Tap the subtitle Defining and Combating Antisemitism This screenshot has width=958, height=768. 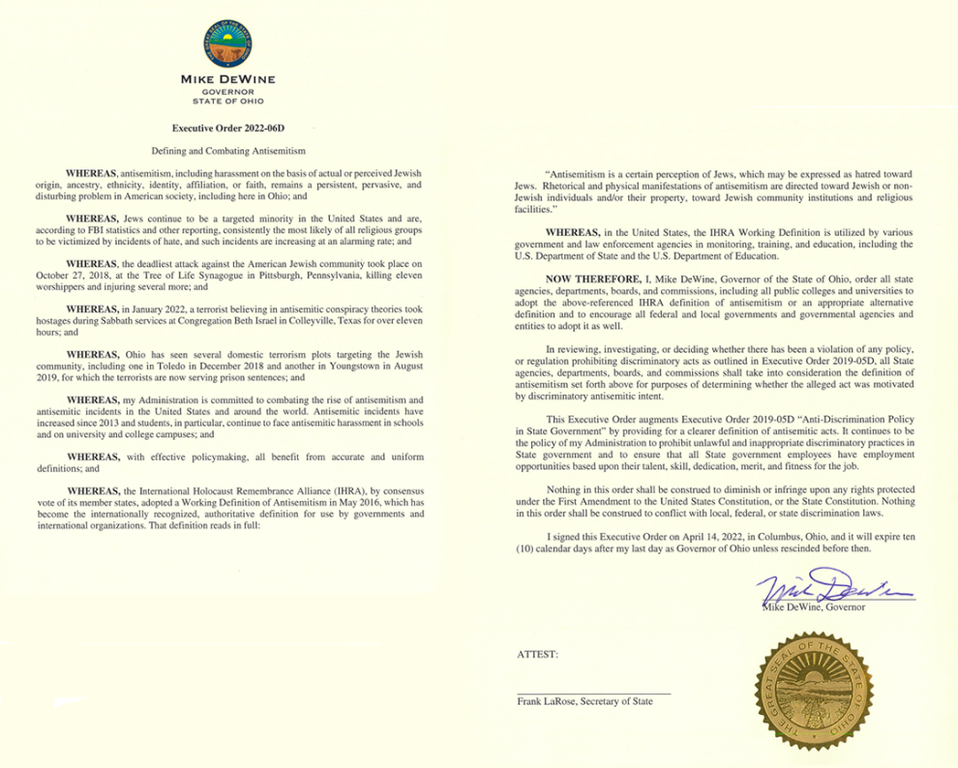coord(229,151)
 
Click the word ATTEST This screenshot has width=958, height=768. coord(538,654)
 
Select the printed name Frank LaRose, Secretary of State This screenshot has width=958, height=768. coord(584,702)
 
